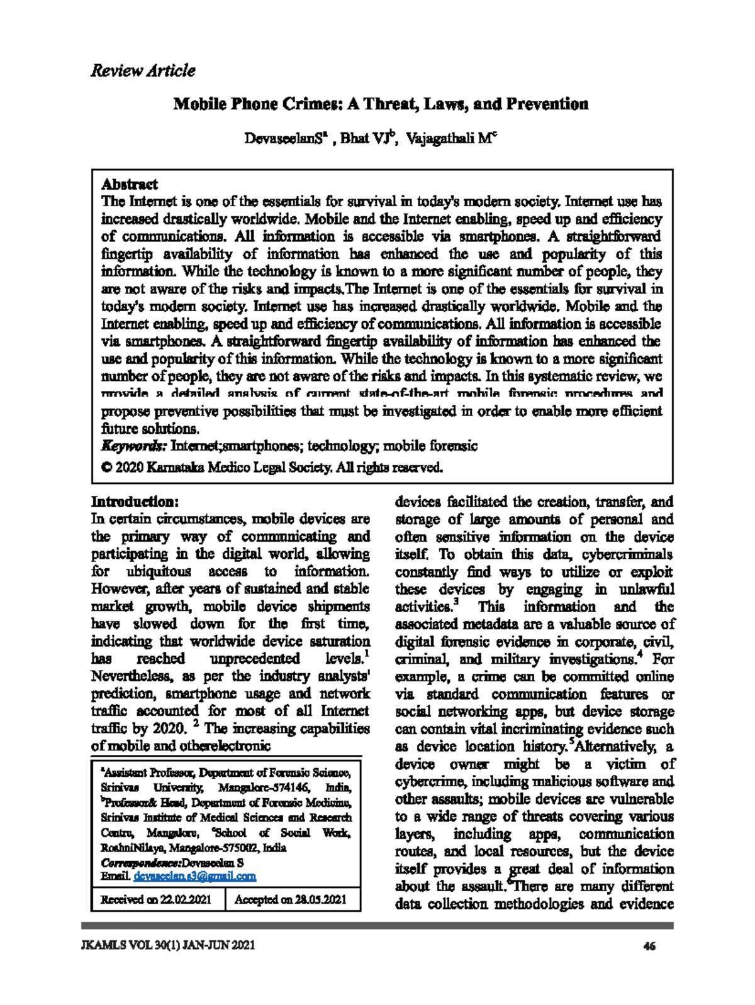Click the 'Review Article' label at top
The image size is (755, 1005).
coord(143,70)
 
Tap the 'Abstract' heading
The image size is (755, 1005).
coord(130,184)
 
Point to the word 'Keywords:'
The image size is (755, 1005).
coord(134,446)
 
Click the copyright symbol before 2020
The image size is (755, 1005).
coord(106,468)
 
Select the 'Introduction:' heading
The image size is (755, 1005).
coord(135,502)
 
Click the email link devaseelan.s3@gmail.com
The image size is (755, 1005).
coord(194,876)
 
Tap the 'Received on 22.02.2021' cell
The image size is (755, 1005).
coord(156,899)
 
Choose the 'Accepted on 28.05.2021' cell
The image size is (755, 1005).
coord(290,899)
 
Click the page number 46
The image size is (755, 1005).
coord(650,946)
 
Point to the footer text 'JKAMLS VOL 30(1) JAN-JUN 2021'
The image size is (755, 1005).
coord(168,945)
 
